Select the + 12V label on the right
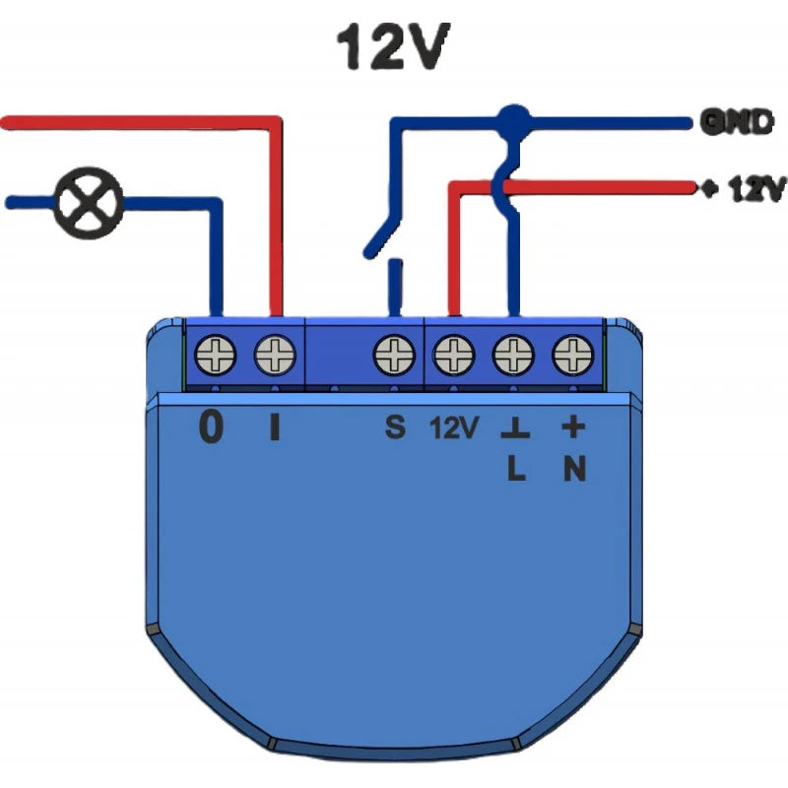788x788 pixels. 743,188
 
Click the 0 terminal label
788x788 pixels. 212,427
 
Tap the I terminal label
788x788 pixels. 275,427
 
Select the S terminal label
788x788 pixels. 394,428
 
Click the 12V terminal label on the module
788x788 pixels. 454,428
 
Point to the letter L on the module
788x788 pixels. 515,471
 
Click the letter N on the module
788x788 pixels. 574,471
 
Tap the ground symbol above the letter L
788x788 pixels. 514,430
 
